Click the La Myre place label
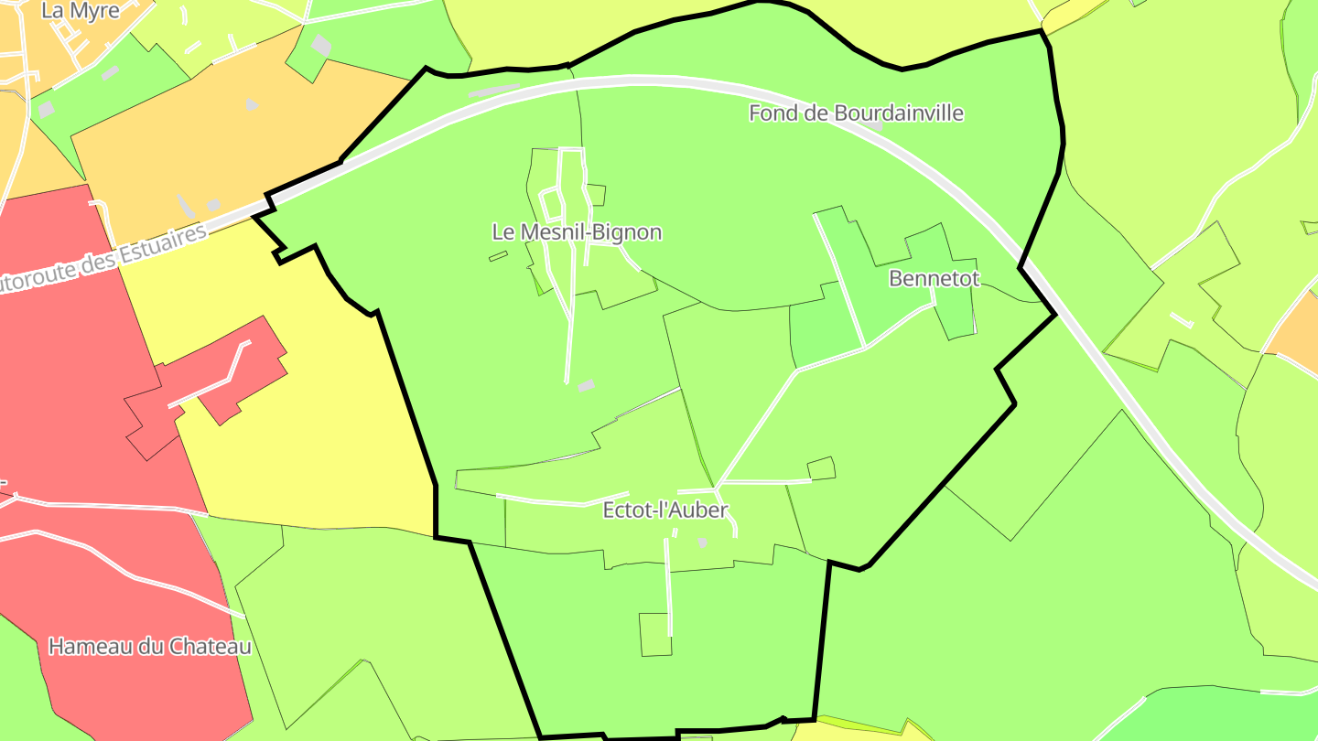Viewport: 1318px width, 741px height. [81, 11]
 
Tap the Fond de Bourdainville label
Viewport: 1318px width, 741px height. [856, 113]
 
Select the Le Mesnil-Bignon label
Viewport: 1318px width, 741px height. [577, 232]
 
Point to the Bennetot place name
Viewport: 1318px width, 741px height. [934, 279]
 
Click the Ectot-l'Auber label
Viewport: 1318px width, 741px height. [665, 510]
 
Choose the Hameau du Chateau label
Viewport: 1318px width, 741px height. [149, 647]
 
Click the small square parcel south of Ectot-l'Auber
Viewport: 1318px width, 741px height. [654, 634]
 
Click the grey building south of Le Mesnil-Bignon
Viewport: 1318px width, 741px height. [586, 386]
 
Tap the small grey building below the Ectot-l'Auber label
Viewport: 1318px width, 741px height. [703, 542]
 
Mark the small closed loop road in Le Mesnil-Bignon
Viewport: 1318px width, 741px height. [551, 202]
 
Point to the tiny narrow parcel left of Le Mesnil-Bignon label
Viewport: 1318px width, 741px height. [498, 257]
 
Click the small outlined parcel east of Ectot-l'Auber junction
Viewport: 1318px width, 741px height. [821, 468]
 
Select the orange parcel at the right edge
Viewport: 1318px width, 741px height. [1295, 329]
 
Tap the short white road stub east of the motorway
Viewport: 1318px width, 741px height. [1182, 320]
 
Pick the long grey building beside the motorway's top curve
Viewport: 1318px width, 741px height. [493, 90]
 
